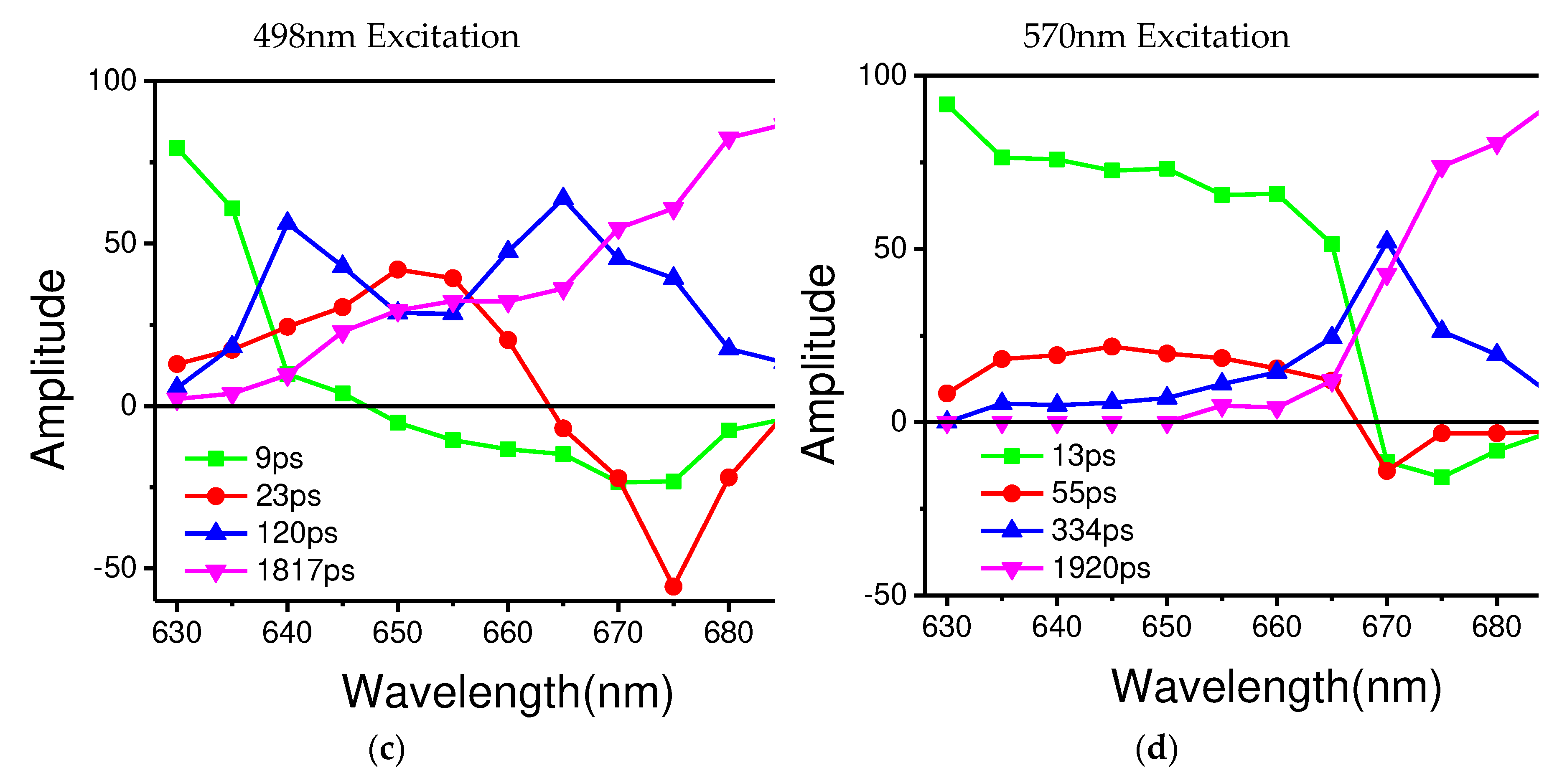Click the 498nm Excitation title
click(386, 36)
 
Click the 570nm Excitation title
click(1156, 36)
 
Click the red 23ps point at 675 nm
click(673, 587)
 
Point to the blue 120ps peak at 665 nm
click(563, 198)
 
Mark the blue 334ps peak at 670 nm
click(1387, 241)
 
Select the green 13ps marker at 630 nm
click(946, 105)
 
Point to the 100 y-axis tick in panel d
click(882, 75)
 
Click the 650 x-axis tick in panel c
click(397, 633)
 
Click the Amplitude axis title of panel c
click(48, 370)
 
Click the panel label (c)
click(386, 750)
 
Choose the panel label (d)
click(1156, 748)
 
